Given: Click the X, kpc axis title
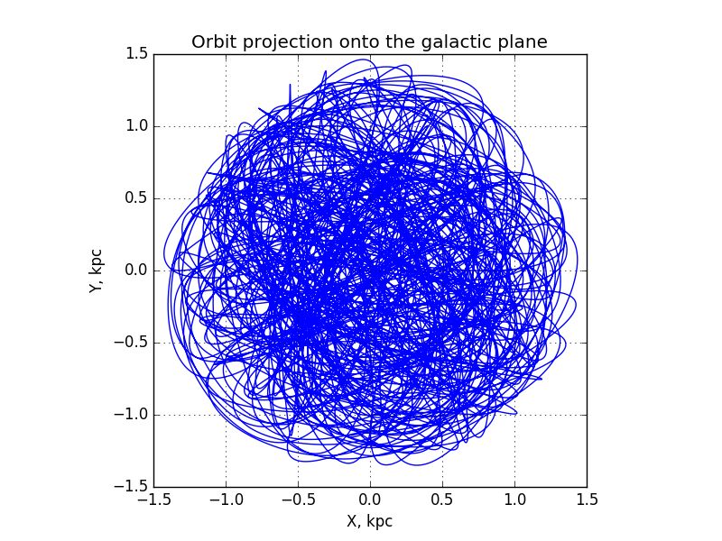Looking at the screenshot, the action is tap(370, 521).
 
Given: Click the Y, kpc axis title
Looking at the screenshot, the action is tap(96, 270).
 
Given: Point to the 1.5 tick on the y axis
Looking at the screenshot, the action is tap(137, 54).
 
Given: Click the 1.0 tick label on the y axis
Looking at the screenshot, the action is tap(137, 125).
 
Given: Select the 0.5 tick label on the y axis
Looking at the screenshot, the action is tap(137, 197).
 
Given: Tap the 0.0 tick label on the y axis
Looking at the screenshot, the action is tap(137, 270).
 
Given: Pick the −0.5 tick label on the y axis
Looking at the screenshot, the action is tap(131, 343).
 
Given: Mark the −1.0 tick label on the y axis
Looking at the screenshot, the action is tap(131, 415).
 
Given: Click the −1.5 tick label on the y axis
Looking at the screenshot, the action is tap(131, 486).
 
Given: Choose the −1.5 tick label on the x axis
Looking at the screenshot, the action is tap(154, 500).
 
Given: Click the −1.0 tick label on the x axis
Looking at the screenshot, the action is tap(227, 500).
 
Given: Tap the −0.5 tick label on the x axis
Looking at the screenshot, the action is tap(299, 500).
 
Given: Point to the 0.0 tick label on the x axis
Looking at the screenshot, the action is tap(370, 500).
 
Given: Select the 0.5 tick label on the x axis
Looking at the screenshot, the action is tap(442, 500).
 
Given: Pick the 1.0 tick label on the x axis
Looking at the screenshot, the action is tap(514, 500).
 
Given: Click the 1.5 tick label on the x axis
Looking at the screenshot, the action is tap(588, 500).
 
